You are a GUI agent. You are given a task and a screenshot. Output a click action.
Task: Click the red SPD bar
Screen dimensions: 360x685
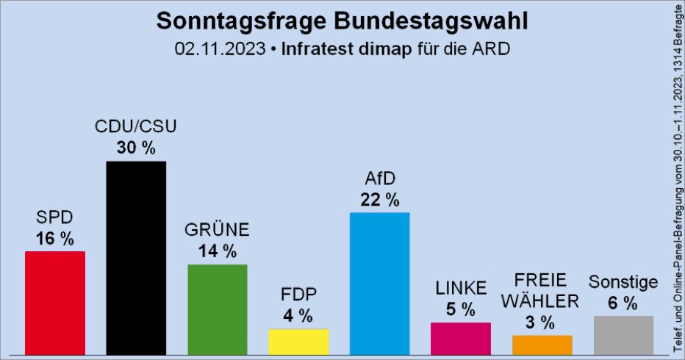(x=55, y=303)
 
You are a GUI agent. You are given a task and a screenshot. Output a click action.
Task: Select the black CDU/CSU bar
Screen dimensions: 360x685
(x=136, y=257)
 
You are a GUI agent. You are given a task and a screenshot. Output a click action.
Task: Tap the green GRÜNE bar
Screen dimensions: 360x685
(x=218, y=309)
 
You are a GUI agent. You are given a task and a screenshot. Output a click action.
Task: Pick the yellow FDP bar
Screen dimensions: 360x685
(x=298, y=342)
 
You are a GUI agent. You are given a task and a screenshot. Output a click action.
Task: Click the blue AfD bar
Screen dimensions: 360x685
(x=379, y=284)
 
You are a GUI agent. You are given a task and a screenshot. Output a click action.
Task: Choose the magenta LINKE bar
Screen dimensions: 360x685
(x=461, y=338)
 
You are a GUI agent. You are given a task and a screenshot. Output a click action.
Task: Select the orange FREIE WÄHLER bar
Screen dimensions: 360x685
(x=542, y=345)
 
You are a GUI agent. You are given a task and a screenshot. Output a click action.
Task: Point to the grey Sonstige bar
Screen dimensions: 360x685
(x=623, y=335)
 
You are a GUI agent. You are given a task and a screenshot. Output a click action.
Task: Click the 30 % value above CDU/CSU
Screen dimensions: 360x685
(x=136, y=148)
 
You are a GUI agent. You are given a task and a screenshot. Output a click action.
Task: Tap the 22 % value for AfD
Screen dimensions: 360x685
(x=379, y=199)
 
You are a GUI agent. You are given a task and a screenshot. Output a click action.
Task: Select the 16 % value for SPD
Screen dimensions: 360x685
(x=55, y=238)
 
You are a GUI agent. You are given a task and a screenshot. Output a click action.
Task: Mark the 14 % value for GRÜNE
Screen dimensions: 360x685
(x=218, y=251)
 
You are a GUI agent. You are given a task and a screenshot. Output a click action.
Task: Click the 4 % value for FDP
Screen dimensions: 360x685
(x=298, y=316)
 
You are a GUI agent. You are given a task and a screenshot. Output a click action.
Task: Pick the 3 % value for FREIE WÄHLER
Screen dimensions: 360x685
(x=542, y=322)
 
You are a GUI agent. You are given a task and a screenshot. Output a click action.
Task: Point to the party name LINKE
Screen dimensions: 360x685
(x=461, y=287)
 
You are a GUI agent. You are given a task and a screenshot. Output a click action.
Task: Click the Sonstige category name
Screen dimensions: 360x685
(x=623, y=281)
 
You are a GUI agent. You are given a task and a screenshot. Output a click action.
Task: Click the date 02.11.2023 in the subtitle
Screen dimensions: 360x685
(x=220, y=50)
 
